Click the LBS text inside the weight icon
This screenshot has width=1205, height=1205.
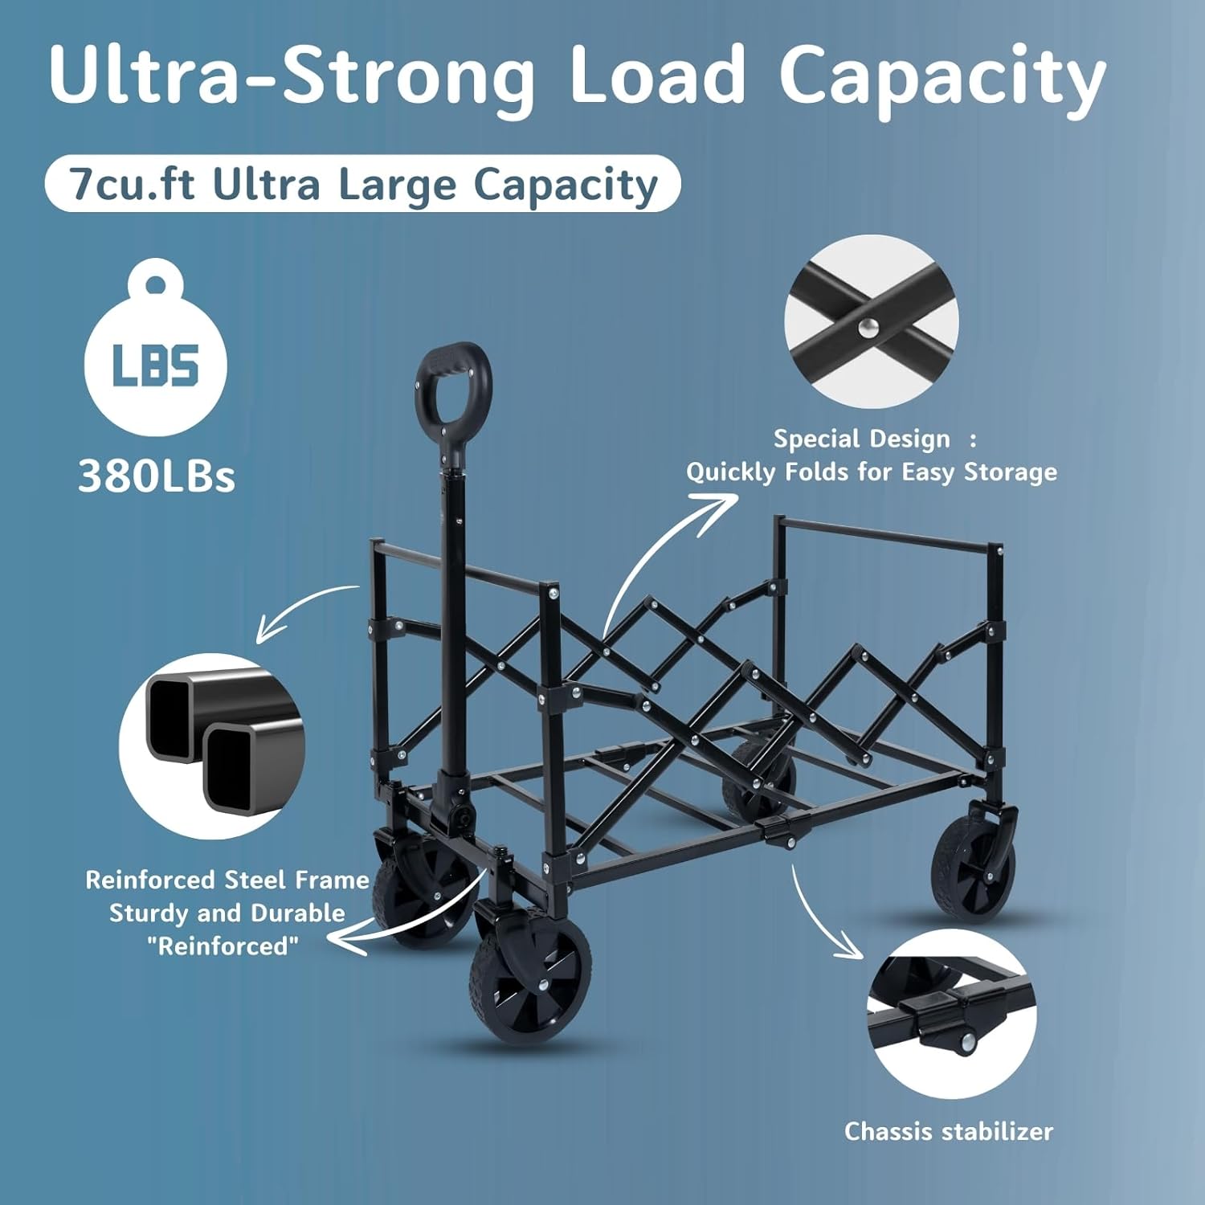156,366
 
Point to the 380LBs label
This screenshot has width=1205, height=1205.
157,476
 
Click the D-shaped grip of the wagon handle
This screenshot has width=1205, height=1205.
451,390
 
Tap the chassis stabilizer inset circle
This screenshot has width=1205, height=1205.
951,1014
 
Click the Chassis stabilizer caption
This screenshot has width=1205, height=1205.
948,1132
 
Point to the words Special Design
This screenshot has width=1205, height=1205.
861,439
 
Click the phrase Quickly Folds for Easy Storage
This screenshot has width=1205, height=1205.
871,472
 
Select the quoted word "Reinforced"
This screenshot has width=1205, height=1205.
223,946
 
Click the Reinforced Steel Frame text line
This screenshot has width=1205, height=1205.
227,880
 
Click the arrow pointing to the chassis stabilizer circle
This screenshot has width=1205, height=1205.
819,916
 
